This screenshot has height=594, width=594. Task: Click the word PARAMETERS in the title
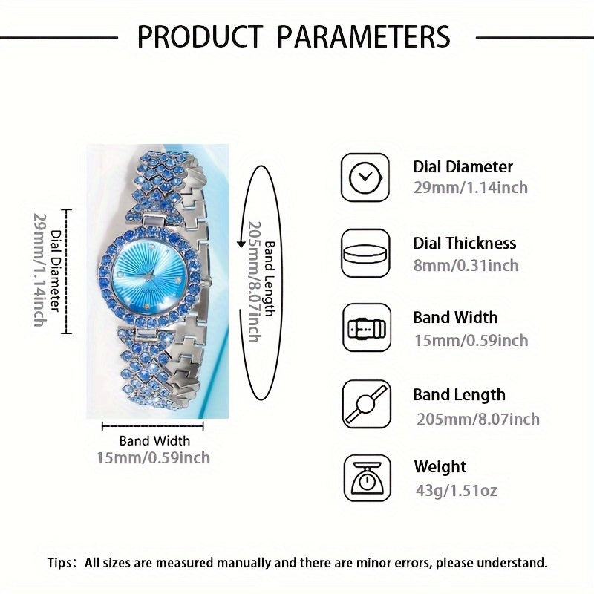point(357,36)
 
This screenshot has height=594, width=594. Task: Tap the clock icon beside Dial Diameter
point(365,177)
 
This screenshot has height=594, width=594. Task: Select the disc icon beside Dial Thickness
point(365,253)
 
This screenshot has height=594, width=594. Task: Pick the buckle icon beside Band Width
point(365,328)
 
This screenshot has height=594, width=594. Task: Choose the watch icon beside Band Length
point(365,405)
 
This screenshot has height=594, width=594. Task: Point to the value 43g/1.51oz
point(456,490)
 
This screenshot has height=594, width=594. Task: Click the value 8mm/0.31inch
point(466,265)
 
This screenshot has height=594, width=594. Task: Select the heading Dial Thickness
point(464,243)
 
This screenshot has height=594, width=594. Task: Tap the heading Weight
point(440,467)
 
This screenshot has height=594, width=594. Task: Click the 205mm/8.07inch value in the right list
point(476,420)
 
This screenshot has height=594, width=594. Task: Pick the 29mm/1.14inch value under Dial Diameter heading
point(470,188)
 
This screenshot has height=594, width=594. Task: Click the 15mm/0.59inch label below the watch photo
point(153,457)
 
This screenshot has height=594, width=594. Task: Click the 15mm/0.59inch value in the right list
point(471,340)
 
